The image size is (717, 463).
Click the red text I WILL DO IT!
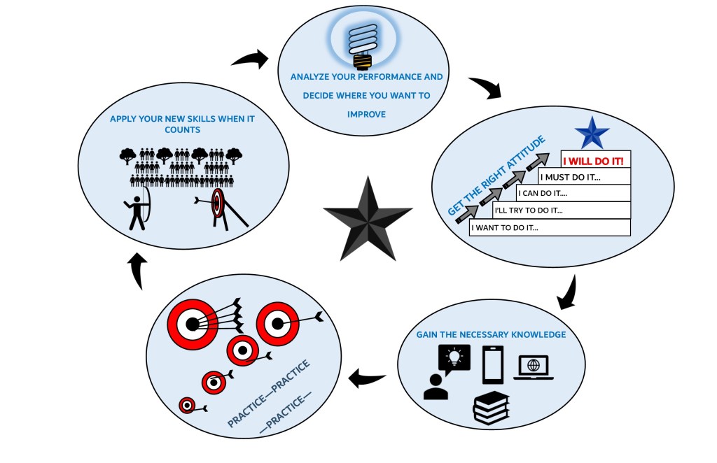(x=597, y=159)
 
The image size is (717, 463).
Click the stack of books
(x=492, y=408)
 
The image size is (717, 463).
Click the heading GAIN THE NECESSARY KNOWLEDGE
(x=491, y=334)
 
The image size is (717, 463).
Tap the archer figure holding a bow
(x=137, y=206)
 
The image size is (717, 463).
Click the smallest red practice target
(x=187, y=405)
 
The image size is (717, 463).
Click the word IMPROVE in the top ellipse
(x=367, y=114)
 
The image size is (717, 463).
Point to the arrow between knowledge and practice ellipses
(x=368, y=379)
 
